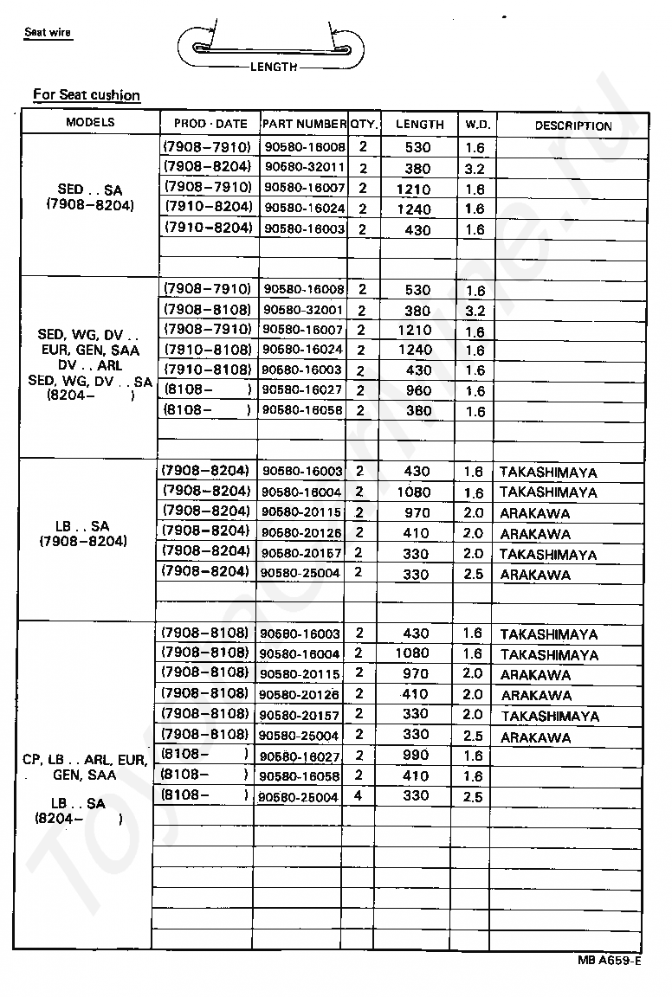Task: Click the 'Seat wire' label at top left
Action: click(48, 33)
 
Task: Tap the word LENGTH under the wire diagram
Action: click(274, 67)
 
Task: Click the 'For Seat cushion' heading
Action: click(87, 95)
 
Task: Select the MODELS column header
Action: click(90, 122)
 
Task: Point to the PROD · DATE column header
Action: click(210, 124)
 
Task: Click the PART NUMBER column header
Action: click(305, 124)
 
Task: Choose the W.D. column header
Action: click(477, 124)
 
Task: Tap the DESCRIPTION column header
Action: click(572, 125)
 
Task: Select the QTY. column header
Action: click(365, 124)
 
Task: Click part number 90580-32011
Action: click(305, 167)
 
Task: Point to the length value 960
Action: click(417, 390)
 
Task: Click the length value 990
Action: click(416, 756)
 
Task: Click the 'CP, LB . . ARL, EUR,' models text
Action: click(85, 760)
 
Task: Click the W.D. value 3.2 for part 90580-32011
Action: click(475, 169)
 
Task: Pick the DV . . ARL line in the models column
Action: click(91, 365)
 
